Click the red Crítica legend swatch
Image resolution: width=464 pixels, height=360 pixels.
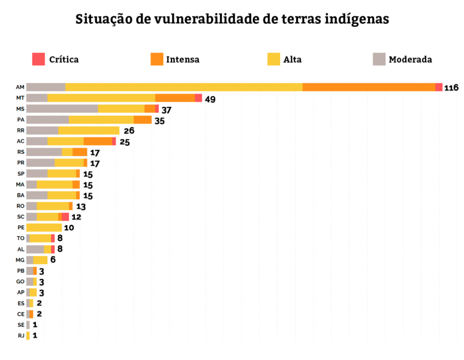click(x=39, y=59)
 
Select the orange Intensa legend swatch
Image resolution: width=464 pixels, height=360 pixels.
click(x=156, y=59)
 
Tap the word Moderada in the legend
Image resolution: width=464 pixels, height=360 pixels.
click(x=410, y=59)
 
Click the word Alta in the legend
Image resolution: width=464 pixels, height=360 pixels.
click(x=293, y=59)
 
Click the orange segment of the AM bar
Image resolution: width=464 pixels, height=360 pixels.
click(x=369, y=87)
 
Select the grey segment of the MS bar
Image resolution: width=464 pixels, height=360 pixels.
click(x=62, y=109)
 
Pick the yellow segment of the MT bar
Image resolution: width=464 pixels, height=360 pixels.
click(x=101, y=98)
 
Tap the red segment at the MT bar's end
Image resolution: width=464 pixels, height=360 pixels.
click(x=198, y=98)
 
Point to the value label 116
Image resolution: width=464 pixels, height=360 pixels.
click(x=451, y=88)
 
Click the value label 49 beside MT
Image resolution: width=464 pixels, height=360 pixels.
click(x=210, y=98)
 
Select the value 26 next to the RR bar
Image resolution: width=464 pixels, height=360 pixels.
click(x=129, y=131)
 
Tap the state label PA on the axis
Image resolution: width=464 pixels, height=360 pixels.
click(x=20, y=120)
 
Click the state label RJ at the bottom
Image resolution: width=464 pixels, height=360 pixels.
click(x=20, y=335)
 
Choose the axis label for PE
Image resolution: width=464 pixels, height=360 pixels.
click(x=20, y=227)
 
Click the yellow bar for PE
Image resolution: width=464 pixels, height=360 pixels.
click(x=44, y=227)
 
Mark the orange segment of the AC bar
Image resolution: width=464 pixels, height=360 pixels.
click(x=98, y=141)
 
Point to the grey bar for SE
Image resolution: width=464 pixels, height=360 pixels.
click(x=28, y=325)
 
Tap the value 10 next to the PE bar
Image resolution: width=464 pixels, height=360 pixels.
click(x=69, y=228)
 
